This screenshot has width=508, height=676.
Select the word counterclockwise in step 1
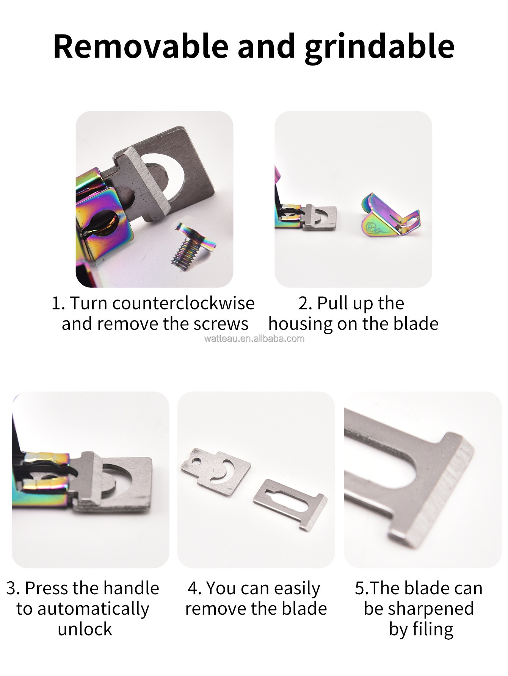tap(183, 303)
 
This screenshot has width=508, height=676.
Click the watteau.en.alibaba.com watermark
tap(254, 338)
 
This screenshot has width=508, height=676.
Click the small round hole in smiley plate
tap(196, 462)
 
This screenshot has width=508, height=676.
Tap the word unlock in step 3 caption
tap(85, 629)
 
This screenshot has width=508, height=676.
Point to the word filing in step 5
tap(433, 629)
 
